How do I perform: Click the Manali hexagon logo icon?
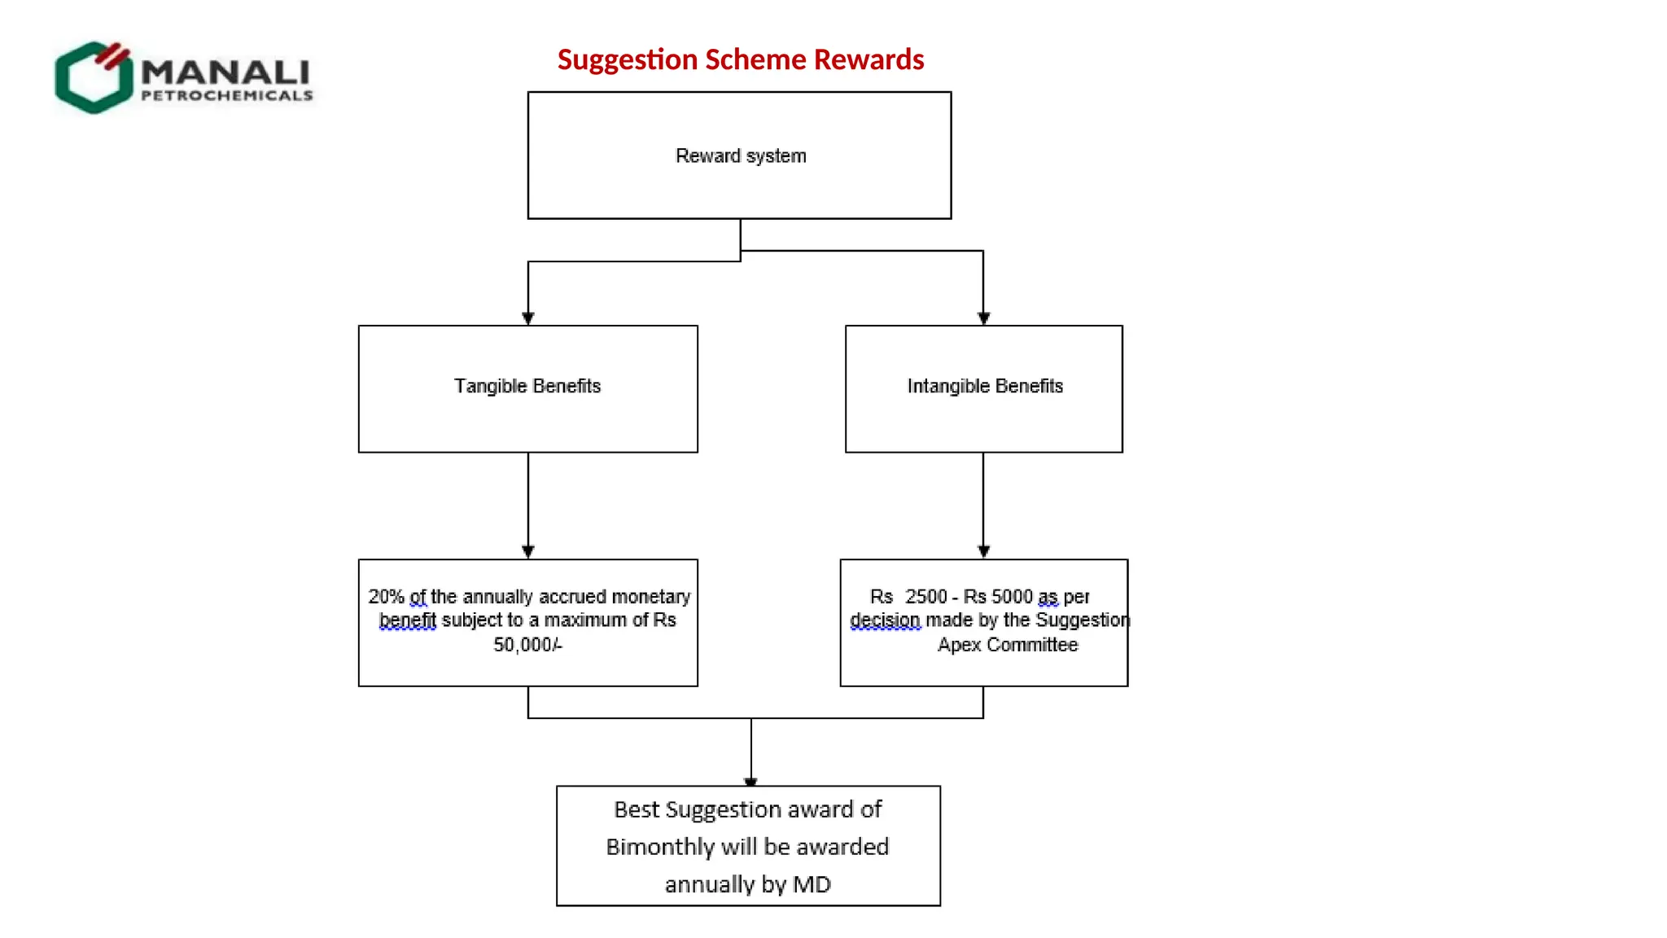pyautogui.click(x=94, y=77)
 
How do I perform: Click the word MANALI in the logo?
pyautogui.click(x=225, y=72)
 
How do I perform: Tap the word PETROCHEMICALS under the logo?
pyautogui.click(x=226, y=96)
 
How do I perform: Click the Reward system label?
pyautogui.click(x=741, y=156)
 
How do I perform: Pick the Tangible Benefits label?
pyautogui.click(x=527, y=386)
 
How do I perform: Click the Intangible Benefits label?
pyautogui.click(x=985, y=386)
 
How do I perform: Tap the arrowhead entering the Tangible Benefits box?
pyautogui.click(x=528, y=318)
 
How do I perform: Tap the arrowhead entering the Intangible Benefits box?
pyautogui.click(x=983, y=318)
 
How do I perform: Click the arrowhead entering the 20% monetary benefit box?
pyautogui.click(x=528, y=551)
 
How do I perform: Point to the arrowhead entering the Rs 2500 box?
pyautogui.click(x=983, y=551)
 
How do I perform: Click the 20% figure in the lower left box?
pyautogui.click(x=386, y=597)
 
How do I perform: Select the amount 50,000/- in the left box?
pyautogui.click(x=527, y=645)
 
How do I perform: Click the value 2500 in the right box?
pyautogui.click(x=926, y=597)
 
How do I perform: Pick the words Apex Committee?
pyautogui.click(x=1008, y=645)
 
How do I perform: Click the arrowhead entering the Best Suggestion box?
pyautogui.click(x=750, y=781)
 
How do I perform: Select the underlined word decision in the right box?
pyautogui.click(x=885, y=620)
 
